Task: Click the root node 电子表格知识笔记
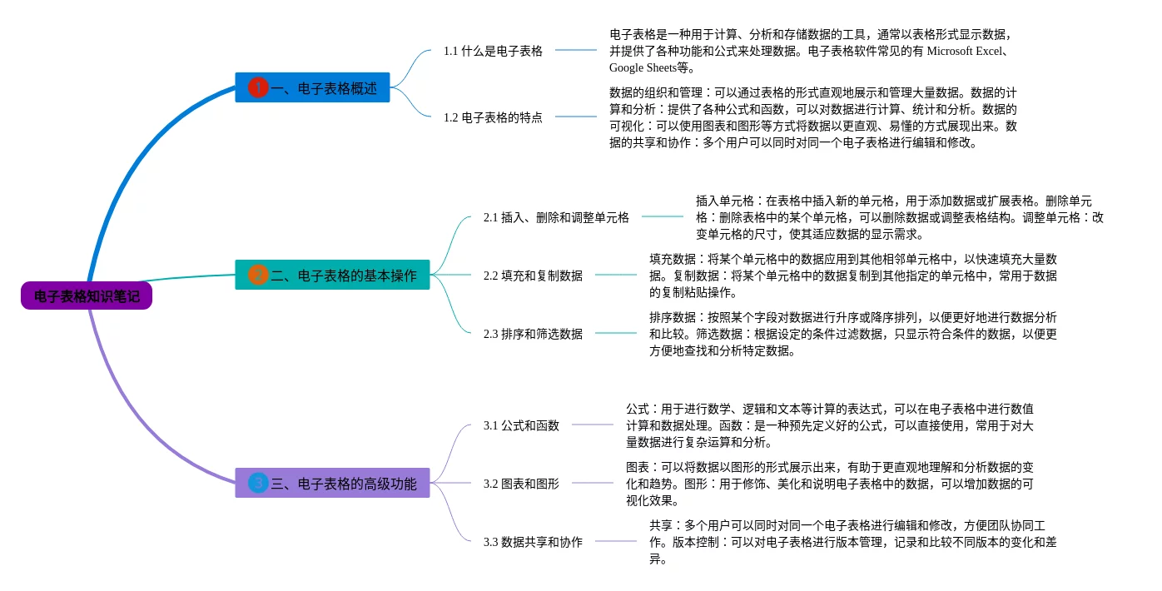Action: pos(87,295)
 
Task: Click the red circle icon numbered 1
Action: pos(258,87)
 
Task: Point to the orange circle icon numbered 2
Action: pos(258,275)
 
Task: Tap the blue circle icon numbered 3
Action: pos(258,483)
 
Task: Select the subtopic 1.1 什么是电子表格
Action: pos(493,51)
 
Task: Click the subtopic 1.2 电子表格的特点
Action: pos(493,117)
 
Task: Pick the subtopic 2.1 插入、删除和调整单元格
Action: pos(556,217)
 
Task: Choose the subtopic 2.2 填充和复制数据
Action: pos(533,276)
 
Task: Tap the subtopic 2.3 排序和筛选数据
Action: pos(533,334)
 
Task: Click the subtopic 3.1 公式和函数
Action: pos(521,425)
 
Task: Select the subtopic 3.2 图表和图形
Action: pos(521,484)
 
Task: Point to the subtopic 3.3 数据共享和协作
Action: pos(533,542)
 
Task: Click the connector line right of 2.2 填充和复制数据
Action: pos(616,275)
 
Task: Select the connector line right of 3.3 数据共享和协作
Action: pos(616,541)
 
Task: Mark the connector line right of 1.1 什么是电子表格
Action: pos(576,50)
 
